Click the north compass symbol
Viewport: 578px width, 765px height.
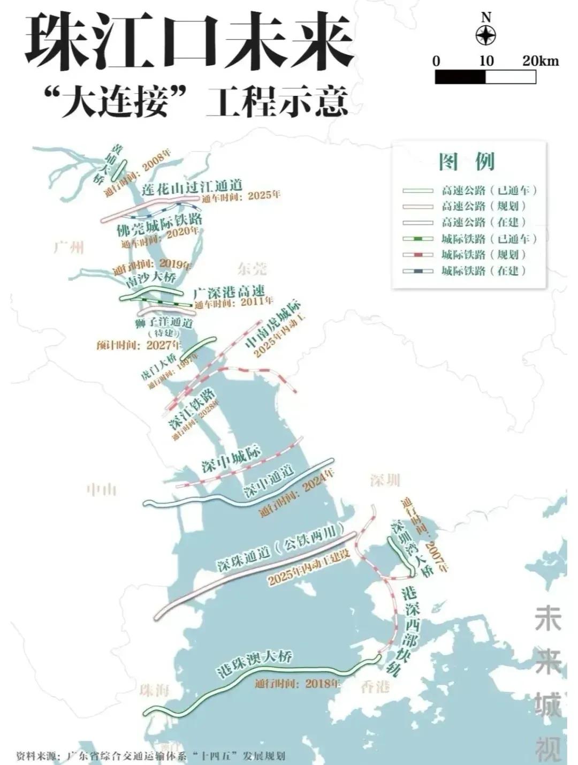485,36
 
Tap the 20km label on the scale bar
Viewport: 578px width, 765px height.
541,60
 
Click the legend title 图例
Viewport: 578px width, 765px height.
467,161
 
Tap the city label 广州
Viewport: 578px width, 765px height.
69,247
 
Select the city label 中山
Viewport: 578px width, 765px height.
101,489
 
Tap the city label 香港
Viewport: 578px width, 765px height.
375,686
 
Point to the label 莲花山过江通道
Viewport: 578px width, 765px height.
193,187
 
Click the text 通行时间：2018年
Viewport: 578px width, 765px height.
298,684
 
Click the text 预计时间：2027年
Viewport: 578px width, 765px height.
139,345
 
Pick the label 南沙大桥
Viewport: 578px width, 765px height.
151,278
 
